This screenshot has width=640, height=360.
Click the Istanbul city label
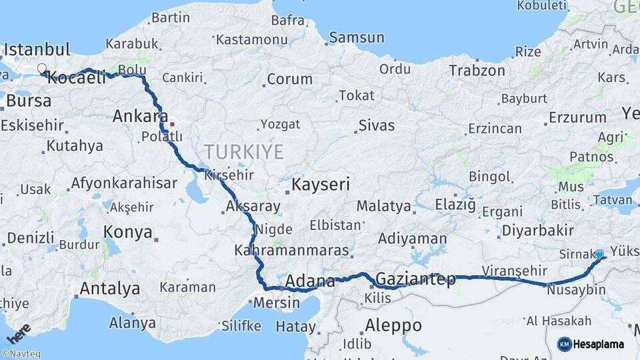[x=37, y=49]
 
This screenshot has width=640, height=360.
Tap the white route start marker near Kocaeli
[x=42, y=69]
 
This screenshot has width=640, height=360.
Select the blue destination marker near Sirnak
[x=599, y=255]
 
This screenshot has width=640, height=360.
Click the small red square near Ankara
[x=172, y=123]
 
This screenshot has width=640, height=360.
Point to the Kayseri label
[x=321, y=185]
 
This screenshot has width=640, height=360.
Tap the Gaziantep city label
[x=415, y=279]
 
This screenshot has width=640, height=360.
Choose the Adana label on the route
[x=310, y=282]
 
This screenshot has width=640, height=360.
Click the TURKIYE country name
[x=244, y=152]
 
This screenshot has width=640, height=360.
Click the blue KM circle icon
[x=564, y=344]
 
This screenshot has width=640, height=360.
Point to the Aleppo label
[x=393, y=325]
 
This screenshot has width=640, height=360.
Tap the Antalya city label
[x=110, y=289]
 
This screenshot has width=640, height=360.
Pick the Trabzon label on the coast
[x=477, y=70]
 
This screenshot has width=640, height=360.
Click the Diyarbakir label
[x=537, y=231]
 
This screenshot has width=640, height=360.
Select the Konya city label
[x=128, y=232]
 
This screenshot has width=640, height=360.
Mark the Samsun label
[x=357, y=38]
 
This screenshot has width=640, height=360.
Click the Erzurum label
[x=577, y=118]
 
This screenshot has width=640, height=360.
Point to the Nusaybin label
[x=575, y=290]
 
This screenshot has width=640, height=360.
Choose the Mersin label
[x=276, y=303]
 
